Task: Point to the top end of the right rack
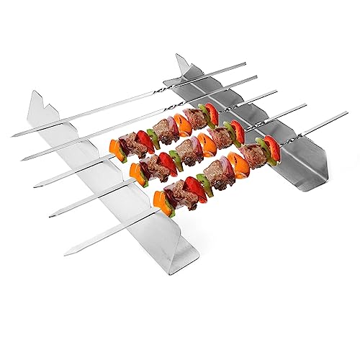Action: click(x=178, y=55)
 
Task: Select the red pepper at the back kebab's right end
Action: click(x=212, y=112)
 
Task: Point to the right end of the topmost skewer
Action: click(x=245, y=64)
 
